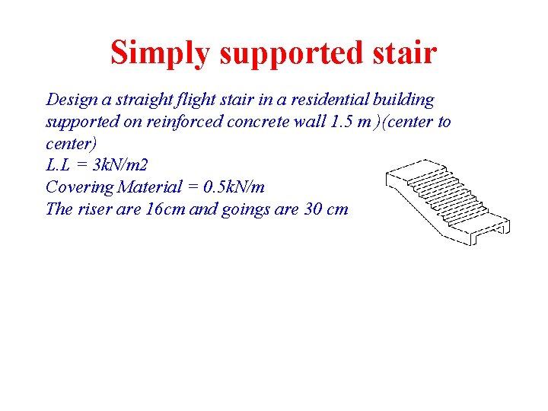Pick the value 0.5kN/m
click(x=230, y=187)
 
